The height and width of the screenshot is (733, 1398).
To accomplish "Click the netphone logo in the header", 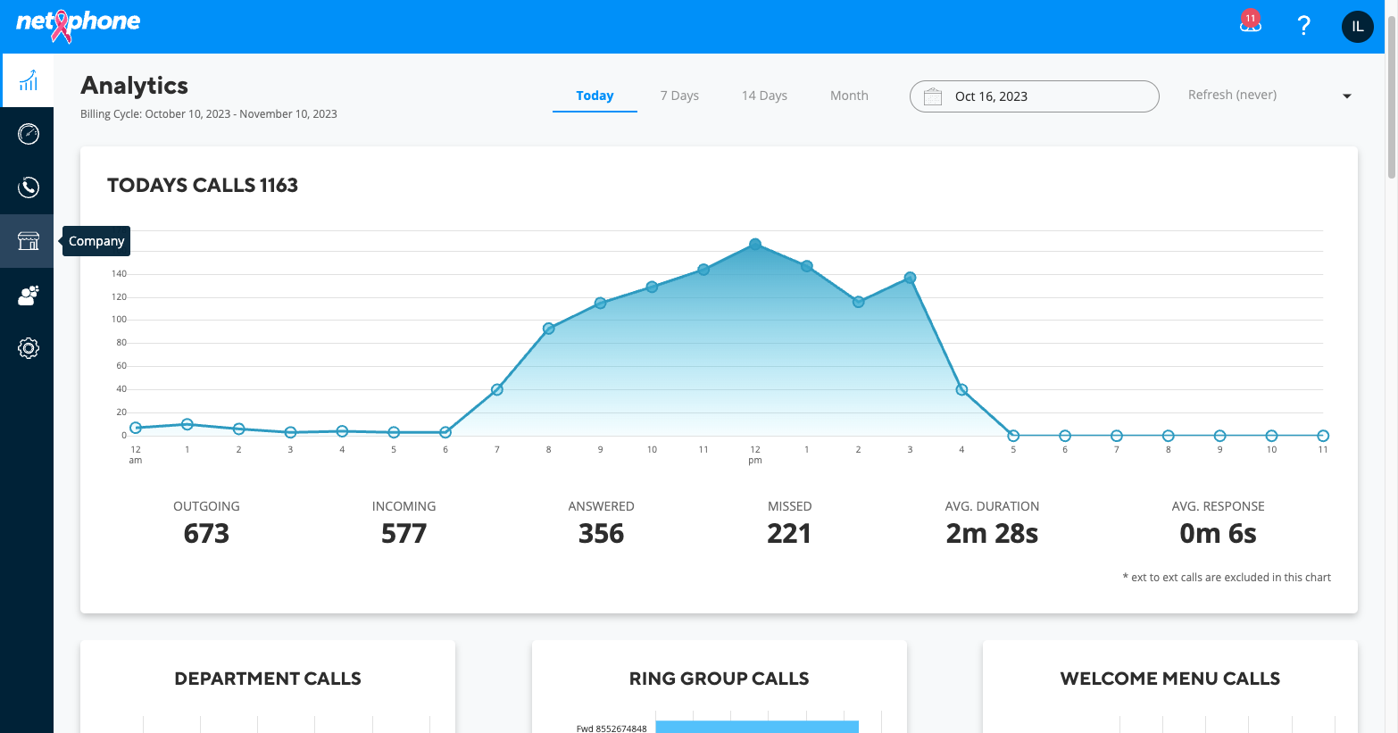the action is tap(78, 25).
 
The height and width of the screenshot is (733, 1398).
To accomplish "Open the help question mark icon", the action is tap(1303, 26).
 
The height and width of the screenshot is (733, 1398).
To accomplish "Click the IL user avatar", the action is tap(1358, 26).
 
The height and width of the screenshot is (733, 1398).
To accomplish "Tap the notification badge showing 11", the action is tap(1250, 19).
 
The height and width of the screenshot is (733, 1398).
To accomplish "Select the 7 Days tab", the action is tap(679, 96).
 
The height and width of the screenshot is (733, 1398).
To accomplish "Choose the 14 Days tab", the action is tap(764, 96).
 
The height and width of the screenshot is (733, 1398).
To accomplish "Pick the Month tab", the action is tap(849, 96).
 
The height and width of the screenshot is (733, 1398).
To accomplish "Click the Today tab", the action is tap(595, 96).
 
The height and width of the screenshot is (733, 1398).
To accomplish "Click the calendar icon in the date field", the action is tap(932, 96).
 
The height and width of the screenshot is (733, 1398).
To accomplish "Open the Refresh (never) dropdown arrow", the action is tap(1347, 96).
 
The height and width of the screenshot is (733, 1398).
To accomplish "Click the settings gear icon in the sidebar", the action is tap(28, 348).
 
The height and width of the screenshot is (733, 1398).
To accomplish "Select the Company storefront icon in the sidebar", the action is tap(28, 241).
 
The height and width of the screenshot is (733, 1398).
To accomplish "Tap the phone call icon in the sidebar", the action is tap(28, 187).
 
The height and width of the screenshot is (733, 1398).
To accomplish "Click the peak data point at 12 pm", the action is tap(755, 244).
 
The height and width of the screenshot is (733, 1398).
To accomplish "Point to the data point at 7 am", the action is tap(496, 389).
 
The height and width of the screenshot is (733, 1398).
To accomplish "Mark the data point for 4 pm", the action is tap(961, 389).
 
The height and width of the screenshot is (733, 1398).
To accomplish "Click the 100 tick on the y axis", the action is tap(119, 320).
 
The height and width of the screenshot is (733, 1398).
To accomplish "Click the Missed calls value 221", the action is tap(789, 533).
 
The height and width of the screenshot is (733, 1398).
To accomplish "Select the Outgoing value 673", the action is tap(206, 533).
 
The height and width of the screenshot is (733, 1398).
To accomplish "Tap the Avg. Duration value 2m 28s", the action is tap(992, 533).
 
